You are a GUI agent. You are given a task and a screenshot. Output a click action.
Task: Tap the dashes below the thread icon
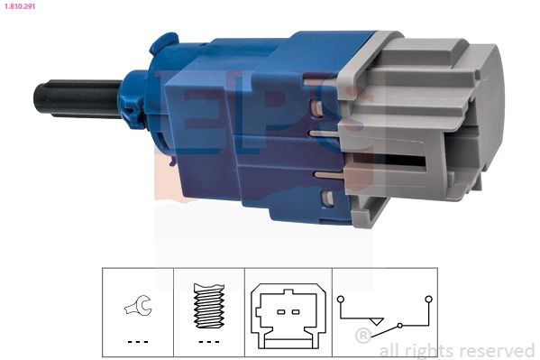point(208,342)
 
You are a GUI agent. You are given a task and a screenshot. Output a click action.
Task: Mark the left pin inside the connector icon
point(279,311)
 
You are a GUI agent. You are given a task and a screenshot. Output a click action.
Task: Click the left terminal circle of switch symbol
point(340,298)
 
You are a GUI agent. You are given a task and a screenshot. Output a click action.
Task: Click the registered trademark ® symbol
point(363,337)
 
